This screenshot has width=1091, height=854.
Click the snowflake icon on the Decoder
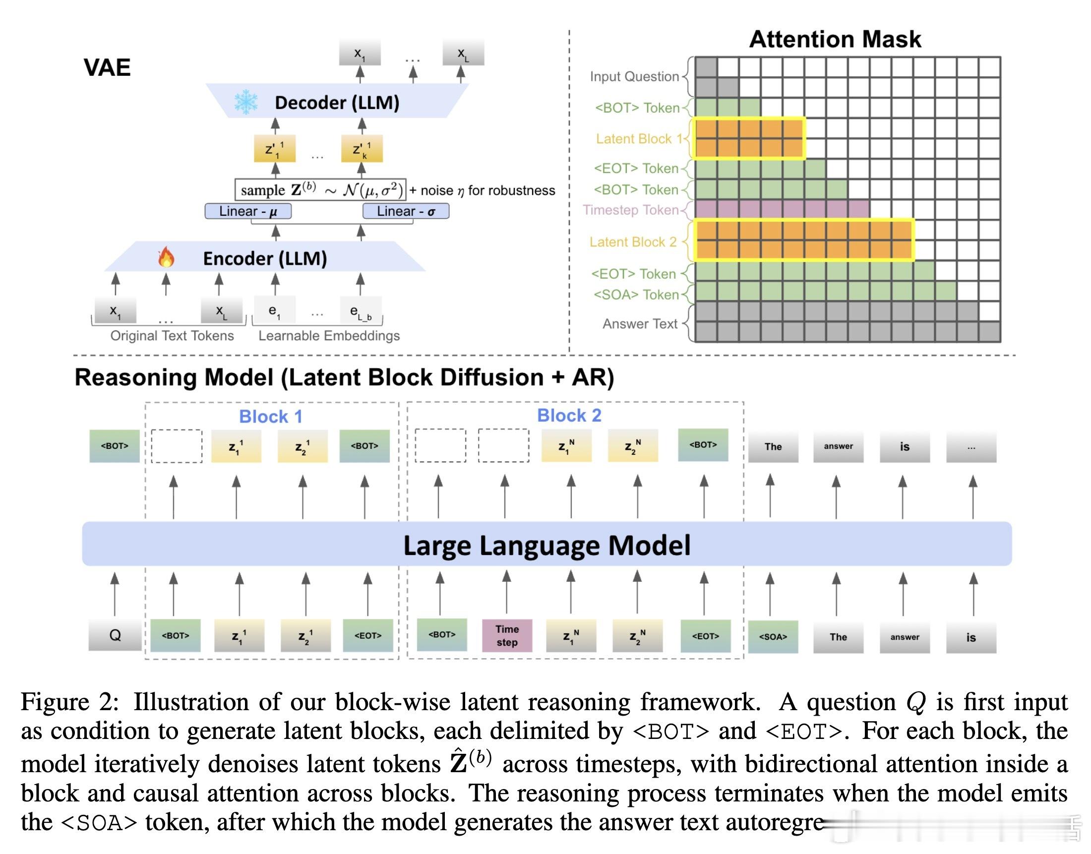tap(246, 102)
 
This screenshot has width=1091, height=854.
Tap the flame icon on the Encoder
tap(166, 257)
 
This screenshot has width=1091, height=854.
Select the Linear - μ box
tap(248, 211)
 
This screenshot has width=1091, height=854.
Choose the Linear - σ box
tap(406, 211)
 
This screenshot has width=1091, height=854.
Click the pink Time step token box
tap(506, 635)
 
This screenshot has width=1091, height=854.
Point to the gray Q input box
tap(115, 635)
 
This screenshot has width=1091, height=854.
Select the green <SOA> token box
tap(773, 636)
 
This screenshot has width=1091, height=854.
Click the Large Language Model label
tap(546, 545)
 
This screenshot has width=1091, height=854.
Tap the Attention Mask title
tap(835, 39)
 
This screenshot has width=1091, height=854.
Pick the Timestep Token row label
tap(630, 210)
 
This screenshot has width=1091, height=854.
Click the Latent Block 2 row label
tap(632, 242)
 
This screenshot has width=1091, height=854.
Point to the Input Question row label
tap(634, 76)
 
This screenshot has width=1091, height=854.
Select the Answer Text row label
tap(640, 324)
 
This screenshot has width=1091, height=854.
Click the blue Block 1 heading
tap(270, 417)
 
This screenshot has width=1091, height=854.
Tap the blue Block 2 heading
tap(569, 416)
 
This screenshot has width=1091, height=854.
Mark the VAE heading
tap(107, 67)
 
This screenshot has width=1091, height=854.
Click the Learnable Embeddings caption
tap(329, 335)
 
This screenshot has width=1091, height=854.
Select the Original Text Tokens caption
tap(172, 335)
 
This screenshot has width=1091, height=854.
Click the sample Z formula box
tap(320, 189)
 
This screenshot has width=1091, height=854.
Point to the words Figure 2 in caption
tap(70, 702)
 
